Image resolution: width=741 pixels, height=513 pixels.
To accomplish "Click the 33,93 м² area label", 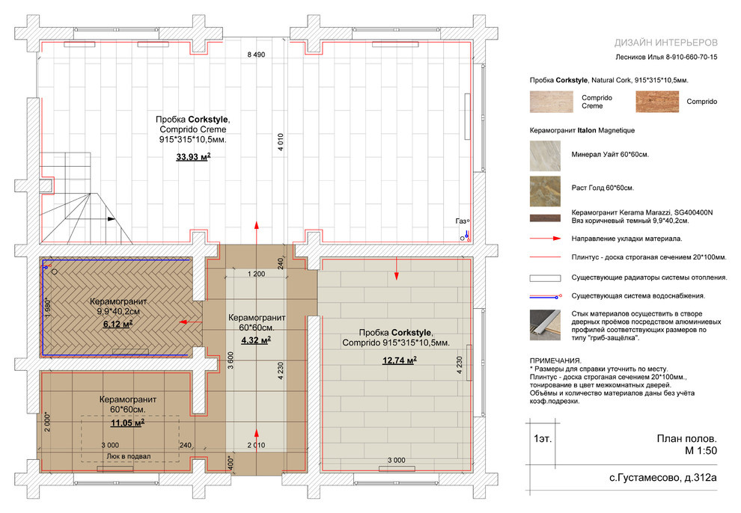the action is (x=193, y=157).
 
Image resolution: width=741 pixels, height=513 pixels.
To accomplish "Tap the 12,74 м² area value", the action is (x=400, y=360).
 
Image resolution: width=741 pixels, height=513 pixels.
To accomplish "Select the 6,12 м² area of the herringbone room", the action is (x=118, y=325).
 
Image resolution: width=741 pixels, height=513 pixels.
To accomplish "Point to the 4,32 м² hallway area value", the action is (x=256, y=340).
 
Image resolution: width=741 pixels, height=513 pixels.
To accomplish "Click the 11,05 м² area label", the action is (x=127, y=423).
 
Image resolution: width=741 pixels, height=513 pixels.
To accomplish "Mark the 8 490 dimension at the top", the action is (x=256, y=55).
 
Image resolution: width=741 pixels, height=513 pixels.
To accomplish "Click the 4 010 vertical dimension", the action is (x=281, y=142).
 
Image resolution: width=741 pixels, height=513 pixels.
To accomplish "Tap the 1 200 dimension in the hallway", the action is (x=256, y=274).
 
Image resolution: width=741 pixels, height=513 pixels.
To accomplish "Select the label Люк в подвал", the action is (x=129, y=456).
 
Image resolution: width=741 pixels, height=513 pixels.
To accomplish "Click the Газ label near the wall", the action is (x=461, y=221).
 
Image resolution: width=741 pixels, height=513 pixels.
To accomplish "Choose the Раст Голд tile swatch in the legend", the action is (x=545, y=191).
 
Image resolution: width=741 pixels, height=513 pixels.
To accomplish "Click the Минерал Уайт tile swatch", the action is (x=545, y=156).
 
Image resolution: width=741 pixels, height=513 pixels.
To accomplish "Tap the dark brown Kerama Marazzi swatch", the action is (x=545, y=218).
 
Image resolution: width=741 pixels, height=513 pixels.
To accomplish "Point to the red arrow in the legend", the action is (x=545, y=239).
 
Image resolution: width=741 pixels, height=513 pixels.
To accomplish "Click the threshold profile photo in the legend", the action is (x=545, y=325).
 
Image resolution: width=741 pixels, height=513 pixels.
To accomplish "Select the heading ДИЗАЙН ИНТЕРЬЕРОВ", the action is (x=666, y=43).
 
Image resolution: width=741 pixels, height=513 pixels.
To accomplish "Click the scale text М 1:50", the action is (x=701, y=451).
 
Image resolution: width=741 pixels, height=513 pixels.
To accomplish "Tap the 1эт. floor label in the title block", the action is (x=543, y=439).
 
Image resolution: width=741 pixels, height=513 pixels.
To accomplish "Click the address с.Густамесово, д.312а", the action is (x=662, y=478).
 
